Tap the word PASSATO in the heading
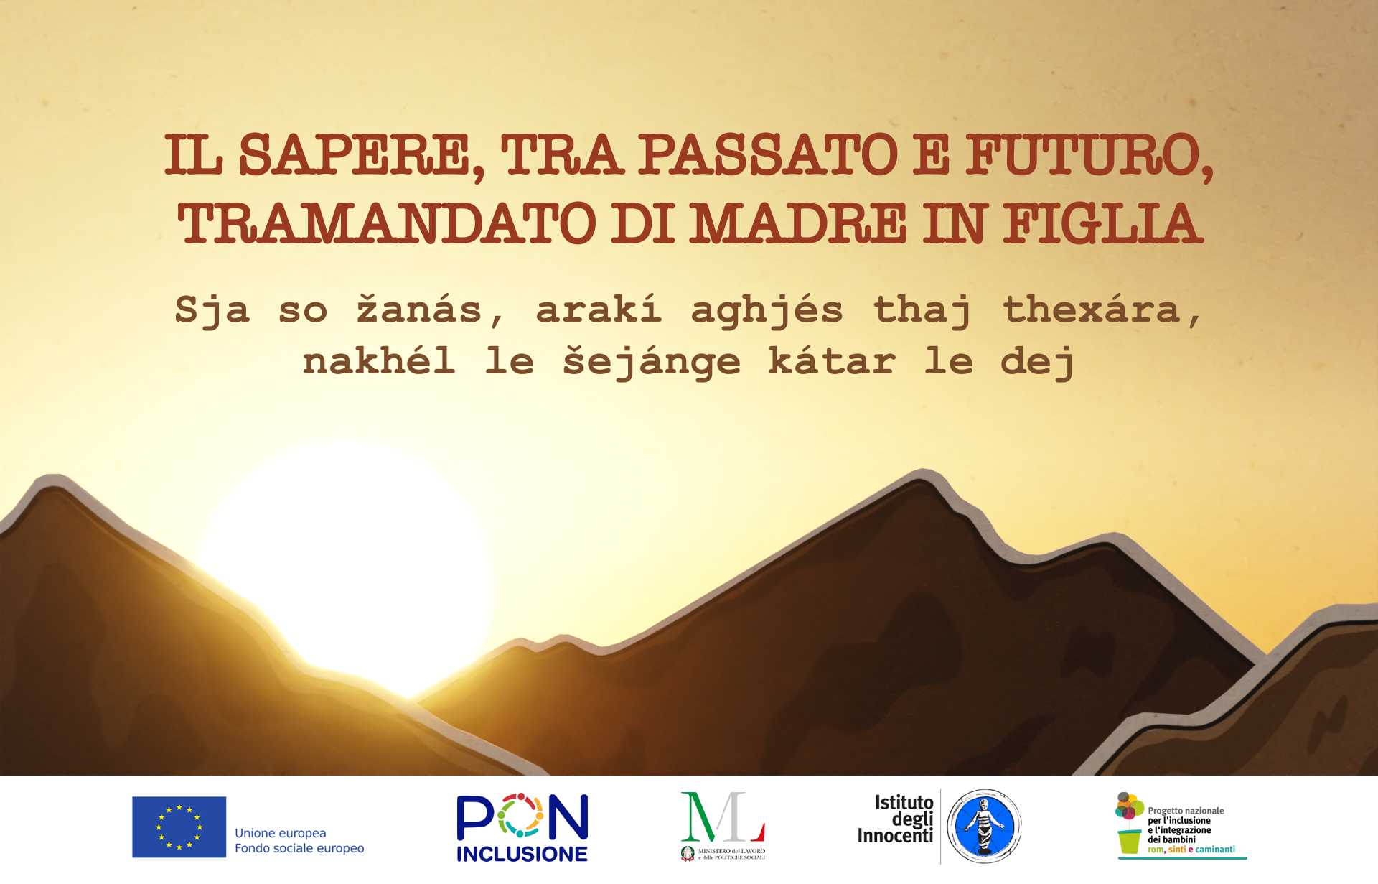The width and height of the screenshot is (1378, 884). [768, 154]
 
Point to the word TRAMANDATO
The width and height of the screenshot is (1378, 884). [387, 223]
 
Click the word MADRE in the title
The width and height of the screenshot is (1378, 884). [799, 223]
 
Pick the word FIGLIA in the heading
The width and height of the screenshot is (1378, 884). [1102, 223]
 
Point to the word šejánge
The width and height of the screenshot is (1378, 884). [651, 361]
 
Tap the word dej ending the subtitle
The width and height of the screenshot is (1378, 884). [1037, 361]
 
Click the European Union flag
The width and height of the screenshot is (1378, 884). [179, 827]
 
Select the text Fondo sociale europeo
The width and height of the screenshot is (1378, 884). [299, 848]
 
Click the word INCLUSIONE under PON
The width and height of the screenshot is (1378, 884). [522, 854]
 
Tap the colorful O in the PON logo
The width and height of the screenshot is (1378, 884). [521, 816]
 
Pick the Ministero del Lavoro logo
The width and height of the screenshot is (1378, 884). [723, 827]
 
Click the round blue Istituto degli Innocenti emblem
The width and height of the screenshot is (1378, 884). [984, 826]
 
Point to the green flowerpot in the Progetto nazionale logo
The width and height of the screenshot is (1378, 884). [1129, 842]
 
